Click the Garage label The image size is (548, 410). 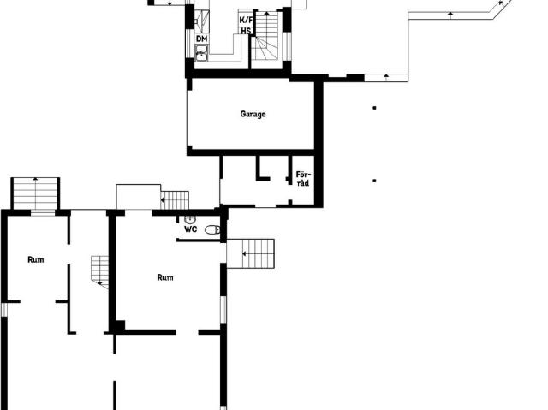[253, 114]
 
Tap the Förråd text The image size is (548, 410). [302, 178]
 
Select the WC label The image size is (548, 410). [191, 229]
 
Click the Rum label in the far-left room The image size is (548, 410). [36, 260]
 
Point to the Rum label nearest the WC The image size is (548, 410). [165, 277]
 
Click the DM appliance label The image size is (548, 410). [202, 39]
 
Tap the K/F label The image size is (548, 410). [246, 20]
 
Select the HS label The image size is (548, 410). [246, 31]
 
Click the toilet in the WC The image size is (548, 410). [212, 229]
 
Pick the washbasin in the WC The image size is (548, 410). [190, 220]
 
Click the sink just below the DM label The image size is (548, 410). [201, 54]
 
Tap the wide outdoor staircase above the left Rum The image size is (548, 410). [35, 193]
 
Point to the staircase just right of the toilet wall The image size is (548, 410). [251, 253]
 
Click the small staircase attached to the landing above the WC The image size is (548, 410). [175, 200]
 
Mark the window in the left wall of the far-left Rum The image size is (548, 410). [3, 309]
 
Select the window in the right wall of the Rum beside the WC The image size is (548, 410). [223, 309]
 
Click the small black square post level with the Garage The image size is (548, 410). [374, 108]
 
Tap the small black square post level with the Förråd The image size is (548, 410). [374, 181]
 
